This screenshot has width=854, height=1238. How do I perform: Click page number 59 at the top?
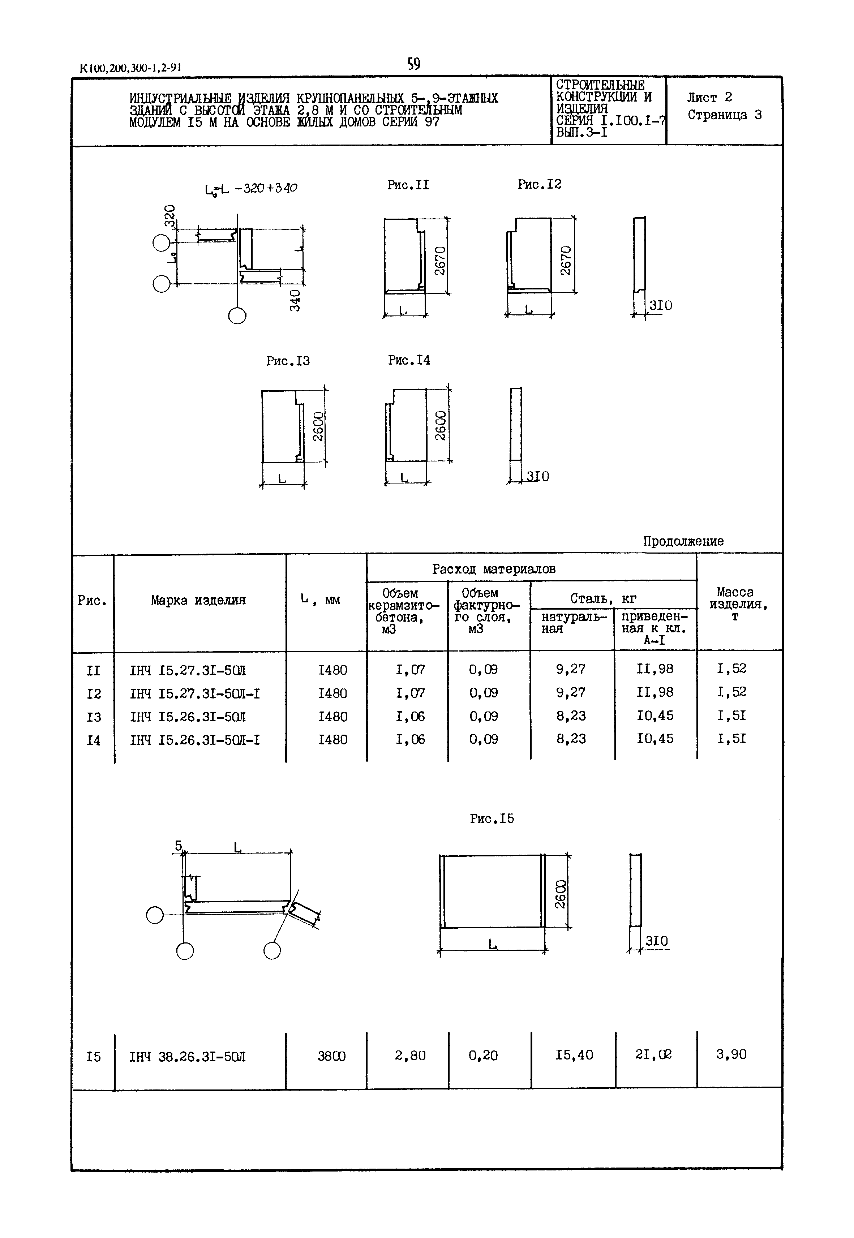click(x=413, y=64)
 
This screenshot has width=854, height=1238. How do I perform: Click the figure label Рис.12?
click(x=539, y=185)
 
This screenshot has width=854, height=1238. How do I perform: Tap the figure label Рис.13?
click(x=288, y=361)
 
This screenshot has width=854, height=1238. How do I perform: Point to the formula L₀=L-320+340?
click(x=251, y=188)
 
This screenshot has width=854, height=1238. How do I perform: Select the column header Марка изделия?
click(x=198, y=600)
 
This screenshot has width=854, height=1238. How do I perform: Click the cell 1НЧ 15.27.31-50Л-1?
click(x=195, y=693)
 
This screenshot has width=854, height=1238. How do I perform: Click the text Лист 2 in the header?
click(x=709, y=97)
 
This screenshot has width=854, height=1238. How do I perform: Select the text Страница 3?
click(x=725, y=115)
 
